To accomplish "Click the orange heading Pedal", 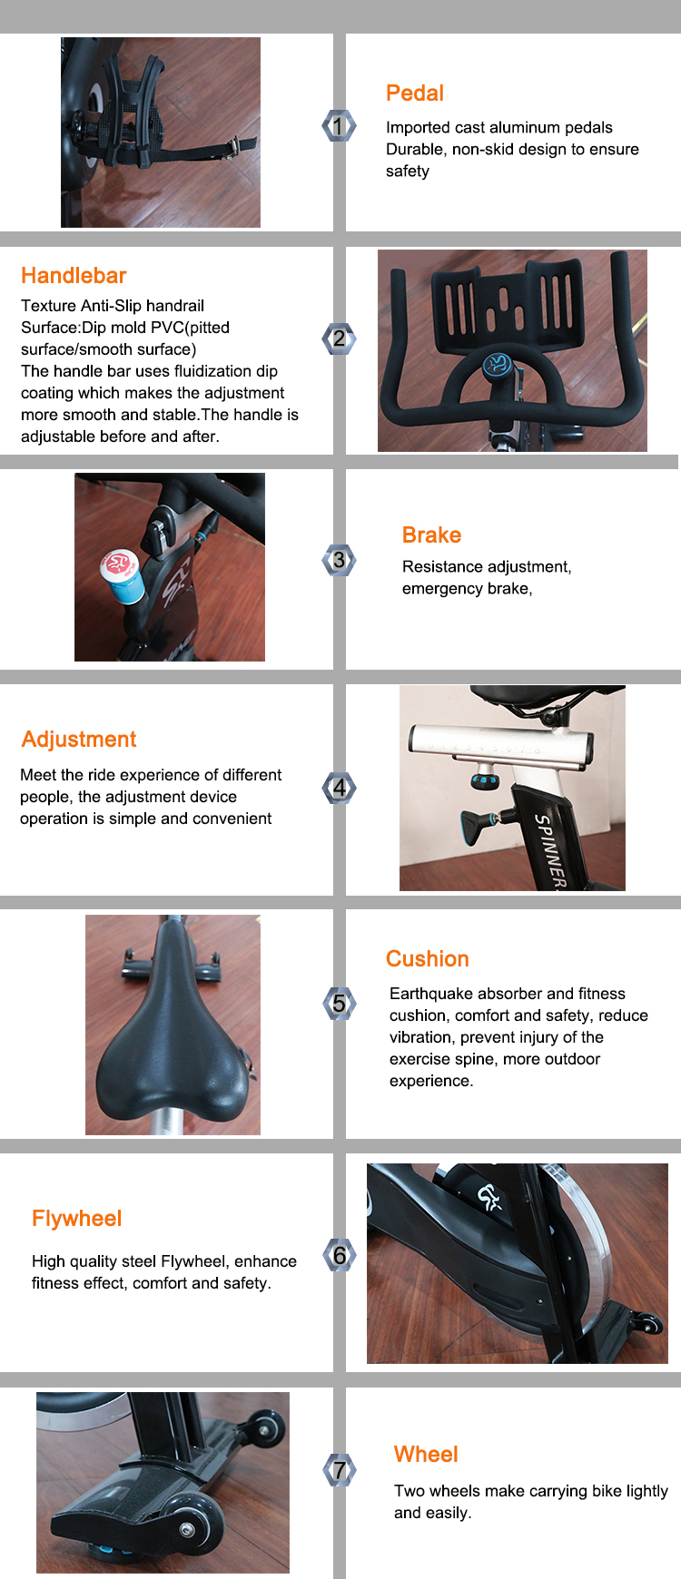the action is click(414, 93).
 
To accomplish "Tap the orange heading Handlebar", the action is click(74, 276).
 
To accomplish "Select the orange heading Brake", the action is click(431, 535).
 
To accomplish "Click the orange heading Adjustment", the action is click(79, 740).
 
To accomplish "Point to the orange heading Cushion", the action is click(428, 959).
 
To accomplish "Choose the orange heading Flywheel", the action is click(77, 1219).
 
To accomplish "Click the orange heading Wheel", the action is click(426, 1455).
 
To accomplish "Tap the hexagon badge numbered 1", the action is click(339, 126).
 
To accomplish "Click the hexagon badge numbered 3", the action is click(339, 560).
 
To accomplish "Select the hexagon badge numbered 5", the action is click(339, 1003).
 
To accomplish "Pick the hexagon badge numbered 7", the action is click(339, 1469).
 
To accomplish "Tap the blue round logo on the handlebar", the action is click(497, 365).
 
